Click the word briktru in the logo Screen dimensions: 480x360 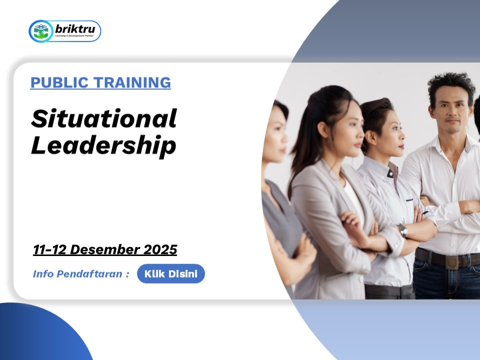(x=75, y=29)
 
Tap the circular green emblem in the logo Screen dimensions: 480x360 (x=41, y=31)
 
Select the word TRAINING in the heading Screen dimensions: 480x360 (x=132, y=82)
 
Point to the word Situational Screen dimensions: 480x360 (x=104, y=118)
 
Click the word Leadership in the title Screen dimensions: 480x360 (x=104, y=145)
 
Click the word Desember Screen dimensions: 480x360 (x=105, y=249)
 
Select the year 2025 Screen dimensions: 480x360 (x=160, y=249)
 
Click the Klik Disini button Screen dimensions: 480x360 (x=171, y=273)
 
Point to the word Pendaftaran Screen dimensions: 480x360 (x=89, y=273)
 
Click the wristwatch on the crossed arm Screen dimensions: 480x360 (x=403, y=230)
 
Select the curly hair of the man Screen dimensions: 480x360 (x=451, y=86)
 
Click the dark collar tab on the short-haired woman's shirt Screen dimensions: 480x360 (x=390, y=174)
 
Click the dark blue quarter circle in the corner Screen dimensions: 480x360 (x=43, y=332)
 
